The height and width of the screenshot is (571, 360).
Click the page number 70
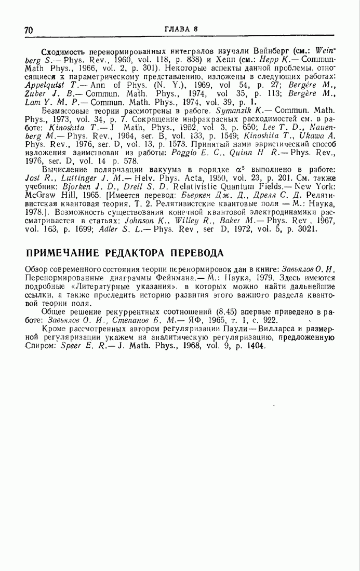(x=29, y=31)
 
